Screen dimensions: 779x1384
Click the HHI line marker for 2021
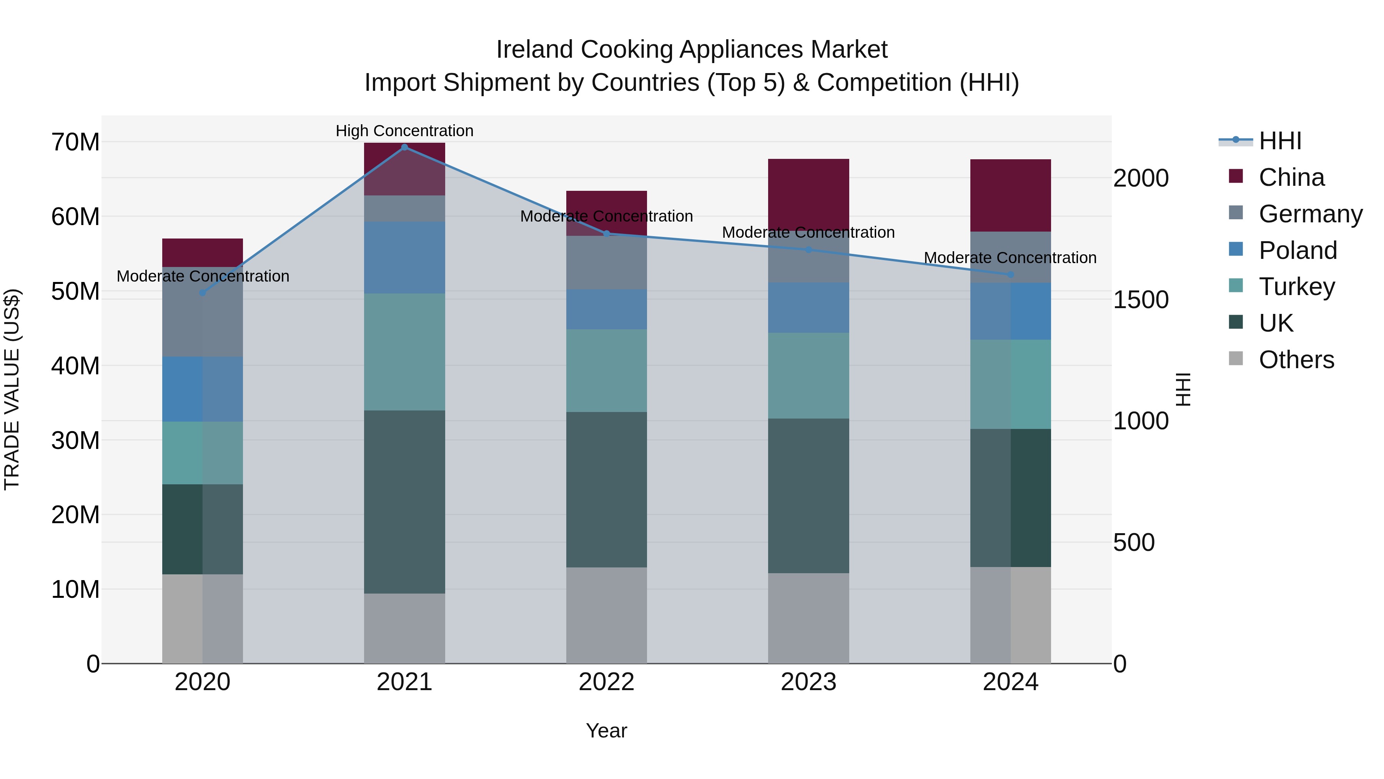click(x=404, y=147)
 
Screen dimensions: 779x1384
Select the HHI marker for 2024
click(x=1011, y=275)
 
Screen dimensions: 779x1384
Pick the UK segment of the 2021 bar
click(x=404, y=502)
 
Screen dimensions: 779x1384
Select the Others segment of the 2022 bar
click(x=607, y=615)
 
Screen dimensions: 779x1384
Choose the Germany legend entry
click(x=1311, y=214)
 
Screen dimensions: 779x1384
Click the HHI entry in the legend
click(x=1280, y=141)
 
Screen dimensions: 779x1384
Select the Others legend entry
click(x=1296, y=360)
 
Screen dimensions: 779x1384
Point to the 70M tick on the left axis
click(x=75, y=142)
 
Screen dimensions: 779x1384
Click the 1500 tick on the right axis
click(x=1141, y=300)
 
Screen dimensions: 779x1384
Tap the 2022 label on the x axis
click(x=607, y=682)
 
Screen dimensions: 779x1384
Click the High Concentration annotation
click(x=404, y=131)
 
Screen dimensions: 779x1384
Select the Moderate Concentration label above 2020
click(x=203, y=276)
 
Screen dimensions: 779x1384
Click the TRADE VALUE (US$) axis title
click(x=12, y=389)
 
